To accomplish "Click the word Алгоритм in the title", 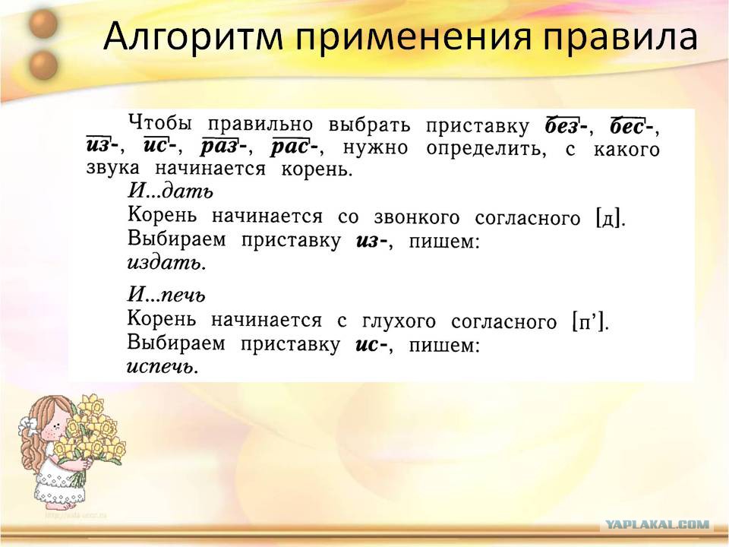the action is tap(193, 36).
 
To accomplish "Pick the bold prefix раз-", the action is tap(223, 147).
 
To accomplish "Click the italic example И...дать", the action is tap(170, 190).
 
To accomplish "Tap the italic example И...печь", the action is tap(166, 295).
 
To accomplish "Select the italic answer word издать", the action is tap(166, 263).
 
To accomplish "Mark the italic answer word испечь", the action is tap(163, 367).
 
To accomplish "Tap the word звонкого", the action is tap(417, 218).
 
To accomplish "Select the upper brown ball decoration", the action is tap(43, 24).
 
